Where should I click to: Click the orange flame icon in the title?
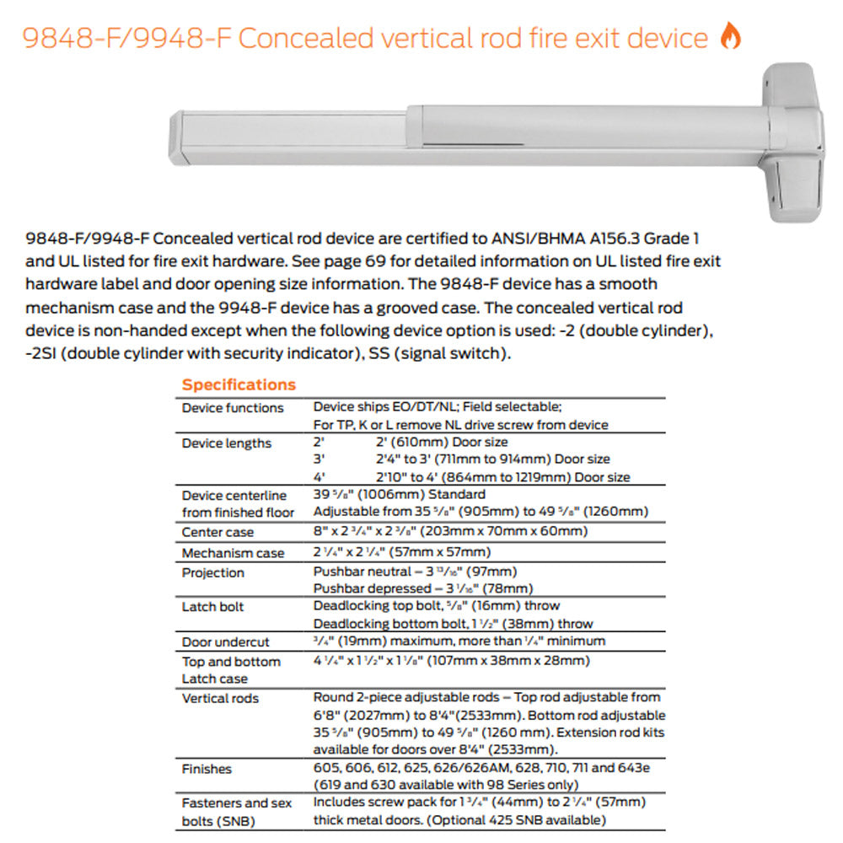[730, 36]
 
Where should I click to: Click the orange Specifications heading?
[239, 385]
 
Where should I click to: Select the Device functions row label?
[233, 408]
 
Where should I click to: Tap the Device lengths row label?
[227, 443]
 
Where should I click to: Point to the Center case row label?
[217, 533]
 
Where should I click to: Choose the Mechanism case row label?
[233, 554]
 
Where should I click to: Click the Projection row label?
[213, 573]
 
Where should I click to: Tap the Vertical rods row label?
[220, 699]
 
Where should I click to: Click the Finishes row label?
[207, 769]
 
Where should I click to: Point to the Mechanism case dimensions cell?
[401, 553]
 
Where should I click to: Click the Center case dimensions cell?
[450, 531]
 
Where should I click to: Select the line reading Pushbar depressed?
[422, 588]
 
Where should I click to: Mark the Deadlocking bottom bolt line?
[453, 624]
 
